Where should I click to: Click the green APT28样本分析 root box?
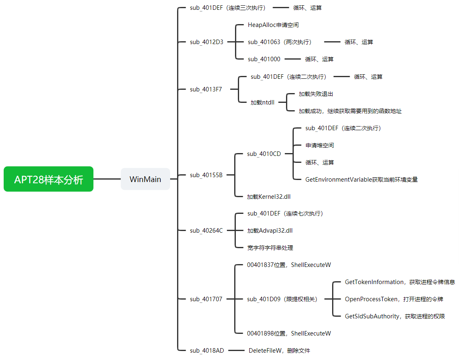coord(49,179)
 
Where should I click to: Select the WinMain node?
coord(145,179)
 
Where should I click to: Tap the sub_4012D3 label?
coord(206,42)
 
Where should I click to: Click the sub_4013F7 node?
coord(206,89)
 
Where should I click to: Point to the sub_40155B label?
coord(206,175)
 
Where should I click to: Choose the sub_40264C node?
coord(206,231)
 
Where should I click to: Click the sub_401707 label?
coord(206,299)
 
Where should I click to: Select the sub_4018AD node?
coord(206,351)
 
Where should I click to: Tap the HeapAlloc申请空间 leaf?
coord(273,25)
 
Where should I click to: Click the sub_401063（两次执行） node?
coord(279,42)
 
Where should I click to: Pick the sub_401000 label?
coord(264,59)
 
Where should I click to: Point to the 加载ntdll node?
coord(262,102)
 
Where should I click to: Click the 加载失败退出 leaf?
coord(316,94)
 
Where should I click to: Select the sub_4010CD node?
coord(264,154)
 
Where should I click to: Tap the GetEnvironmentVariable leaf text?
coord(361,180)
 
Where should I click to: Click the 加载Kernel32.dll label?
coord(268,197)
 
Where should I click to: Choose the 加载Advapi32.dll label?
coord(270,231)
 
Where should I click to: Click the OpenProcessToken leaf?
coord(394,299)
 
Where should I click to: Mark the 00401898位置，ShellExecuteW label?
coord(289,333)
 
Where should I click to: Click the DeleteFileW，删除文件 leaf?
coord(279,351)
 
